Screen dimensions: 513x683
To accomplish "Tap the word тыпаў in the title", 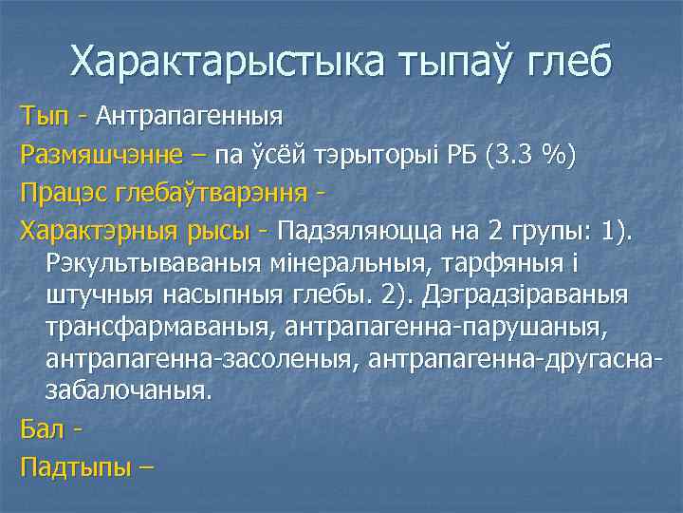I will coord(446,62).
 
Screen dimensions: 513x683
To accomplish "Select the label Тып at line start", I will coord(45,118).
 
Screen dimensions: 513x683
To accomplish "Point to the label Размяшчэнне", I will coord(105,154).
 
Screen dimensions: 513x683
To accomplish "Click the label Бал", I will coord(41,428).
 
